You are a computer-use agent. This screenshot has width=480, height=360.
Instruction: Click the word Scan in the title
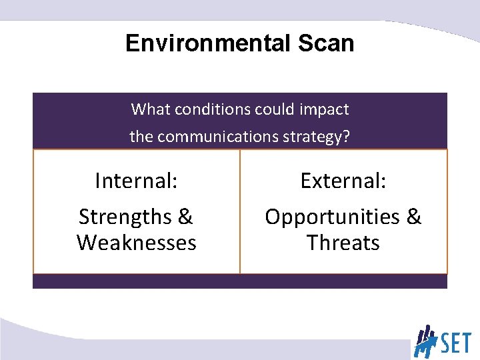coord(325,43)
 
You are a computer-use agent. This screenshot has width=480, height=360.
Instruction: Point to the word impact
coord(326,109)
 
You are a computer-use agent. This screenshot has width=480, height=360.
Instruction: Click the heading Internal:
coord(136,181)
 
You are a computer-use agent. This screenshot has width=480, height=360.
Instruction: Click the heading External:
coord(343,181)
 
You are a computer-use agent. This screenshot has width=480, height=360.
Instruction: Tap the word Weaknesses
coord(136,243)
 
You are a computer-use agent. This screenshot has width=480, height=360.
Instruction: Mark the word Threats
coord(343,243)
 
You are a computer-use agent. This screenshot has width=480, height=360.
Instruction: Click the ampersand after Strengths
coord(185,217)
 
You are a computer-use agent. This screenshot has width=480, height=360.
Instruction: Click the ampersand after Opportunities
coord(413,217)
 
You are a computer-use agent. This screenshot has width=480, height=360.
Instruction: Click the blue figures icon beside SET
coord(425,341)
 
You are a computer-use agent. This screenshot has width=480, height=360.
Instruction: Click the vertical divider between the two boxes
coord(240,211)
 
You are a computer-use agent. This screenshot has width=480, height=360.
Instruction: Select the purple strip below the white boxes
coord(240,281)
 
